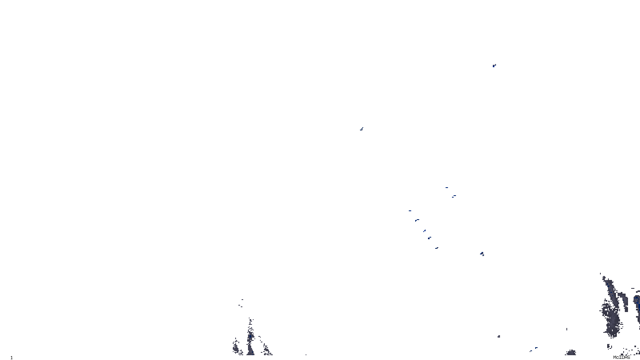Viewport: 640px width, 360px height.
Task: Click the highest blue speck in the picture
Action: point(494,65)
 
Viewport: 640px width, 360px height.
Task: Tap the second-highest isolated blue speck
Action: point(362,129)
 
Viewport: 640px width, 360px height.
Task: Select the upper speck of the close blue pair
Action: point(446,187)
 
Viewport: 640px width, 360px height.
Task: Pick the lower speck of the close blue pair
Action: point(454,196)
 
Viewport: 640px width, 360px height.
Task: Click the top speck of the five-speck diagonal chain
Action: point(410,210)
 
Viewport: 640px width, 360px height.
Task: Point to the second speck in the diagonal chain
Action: point(417,220)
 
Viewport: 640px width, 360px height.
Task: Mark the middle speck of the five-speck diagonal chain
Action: point(424,230)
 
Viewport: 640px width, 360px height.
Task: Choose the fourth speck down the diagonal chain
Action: point(429,238)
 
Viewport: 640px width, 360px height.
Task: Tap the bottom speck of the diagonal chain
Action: point(436,248)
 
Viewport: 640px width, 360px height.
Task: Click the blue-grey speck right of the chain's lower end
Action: point(482,254)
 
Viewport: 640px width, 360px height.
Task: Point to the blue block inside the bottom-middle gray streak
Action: point(250,337)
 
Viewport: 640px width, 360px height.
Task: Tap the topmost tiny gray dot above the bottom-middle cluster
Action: point(242,299)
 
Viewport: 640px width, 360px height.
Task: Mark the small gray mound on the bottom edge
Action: point(571,353)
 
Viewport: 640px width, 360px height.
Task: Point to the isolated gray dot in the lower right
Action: point(498,336)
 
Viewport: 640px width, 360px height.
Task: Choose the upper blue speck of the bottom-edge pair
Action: point(536,348)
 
